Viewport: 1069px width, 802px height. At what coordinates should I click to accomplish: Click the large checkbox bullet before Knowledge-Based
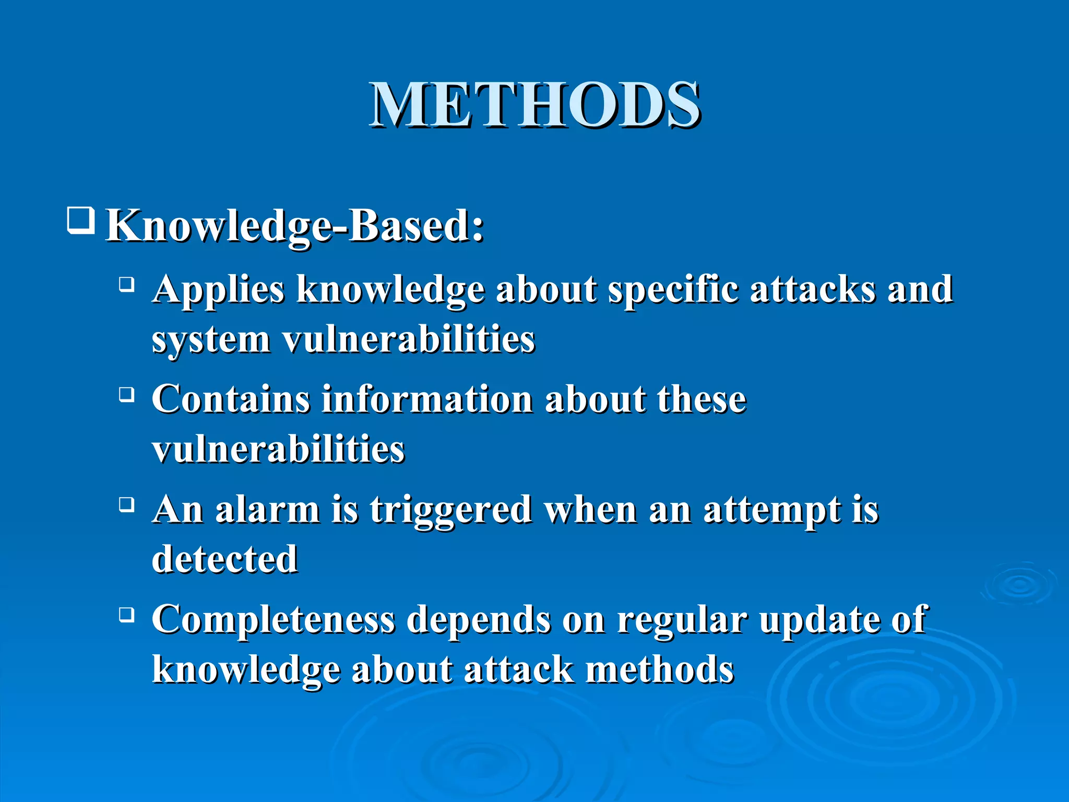click(x=81, y=220)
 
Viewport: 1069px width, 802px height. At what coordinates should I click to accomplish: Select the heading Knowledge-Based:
click(x=295, y=226)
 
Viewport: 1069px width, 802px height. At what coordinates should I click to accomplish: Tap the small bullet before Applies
click(x=126, y=285)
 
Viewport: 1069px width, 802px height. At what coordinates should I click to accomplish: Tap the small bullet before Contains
click(x=126, y=395)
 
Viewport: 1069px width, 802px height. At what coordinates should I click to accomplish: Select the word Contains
click(x=231, y=399)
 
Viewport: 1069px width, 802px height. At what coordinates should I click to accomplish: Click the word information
click(x=427, y=399)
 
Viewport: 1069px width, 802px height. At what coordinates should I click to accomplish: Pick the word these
click(x=702, y=399)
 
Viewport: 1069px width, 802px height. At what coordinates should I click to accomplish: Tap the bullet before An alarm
click(x=126, y=505)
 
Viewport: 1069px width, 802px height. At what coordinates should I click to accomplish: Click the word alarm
click(x=267, y=510)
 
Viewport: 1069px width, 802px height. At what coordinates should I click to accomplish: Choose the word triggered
click(x=451, y=511)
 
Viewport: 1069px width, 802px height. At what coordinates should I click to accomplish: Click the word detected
click(x=224, y=559)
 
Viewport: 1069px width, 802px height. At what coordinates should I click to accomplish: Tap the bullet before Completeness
click(x=126, y=615)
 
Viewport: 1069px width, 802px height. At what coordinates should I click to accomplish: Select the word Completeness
click(x=273, y=620)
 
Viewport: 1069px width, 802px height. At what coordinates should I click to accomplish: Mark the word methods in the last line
click(x=660, y=669)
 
